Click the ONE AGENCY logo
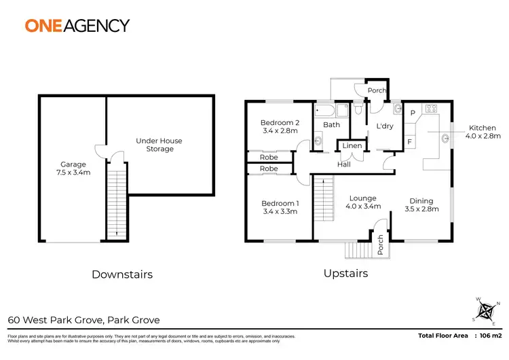77,26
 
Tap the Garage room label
73,164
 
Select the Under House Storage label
159,145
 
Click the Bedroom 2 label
280,123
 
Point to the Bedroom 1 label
280,204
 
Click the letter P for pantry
412,113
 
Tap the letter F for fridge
411,141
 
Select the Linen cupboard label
352,146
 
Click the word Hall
344,164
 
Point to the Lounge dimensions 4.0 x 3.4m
360,206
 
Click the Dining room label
421,201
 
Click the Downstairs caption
121,274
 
